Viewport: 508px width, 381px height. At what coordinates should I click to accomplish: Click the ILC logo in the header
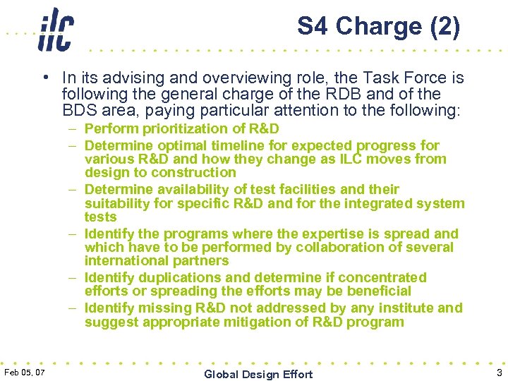pyautogui.click(x=55, y=30)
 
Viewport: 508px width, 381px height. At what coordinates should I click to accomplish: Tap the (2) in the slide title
pyautogui.click(x=444, y=26)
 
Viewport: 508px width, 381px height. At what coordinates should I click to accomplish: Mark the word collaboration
pyautogui.click(x=341, y=247)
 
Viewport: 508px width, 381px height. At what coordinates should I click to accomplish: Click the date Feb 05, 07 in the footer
pyautogui.click(x=25, y=372)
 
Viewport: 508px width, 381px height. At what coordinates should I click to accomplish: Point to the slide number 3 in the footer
pyautogui.click(x=498, y=372)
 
